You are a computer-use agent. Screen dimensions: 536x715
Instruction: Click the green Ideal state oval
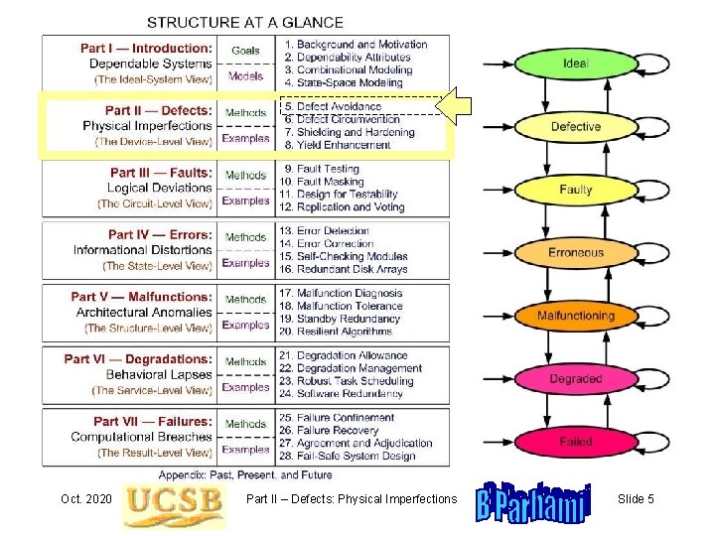(x=576, y=64)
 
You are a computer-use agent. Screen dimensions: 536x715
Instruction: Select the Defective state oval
(x=576, y=127)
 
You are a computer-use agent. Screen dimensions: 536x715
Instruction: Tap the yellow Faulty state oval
(x=576, y=190)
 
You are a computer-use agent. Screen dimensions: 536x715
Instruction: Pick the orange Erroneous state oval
(x=576, y=253)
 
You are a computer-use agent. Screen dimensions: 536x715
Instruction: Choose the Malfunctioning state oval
(x=576, y=316)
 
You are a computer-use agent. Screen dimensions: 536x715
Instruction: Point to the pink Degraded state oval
(x=576, y=379)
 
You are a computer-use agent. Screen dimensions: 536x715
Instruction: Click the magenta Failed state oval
(x=576, y=442)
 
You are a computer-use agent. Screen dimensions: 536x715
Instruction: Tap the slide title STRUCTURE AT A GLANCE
(x=245, y=22)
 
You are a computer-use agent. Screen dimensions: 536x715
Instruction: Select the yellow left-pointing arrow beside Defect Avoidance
(x=458, y=106)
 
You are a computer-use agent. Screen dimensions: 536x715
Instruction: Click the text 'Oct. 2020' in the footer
(x=85, y=499)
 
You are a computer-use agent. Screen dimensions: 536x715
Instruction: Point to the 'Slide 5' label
(x=636, y=499)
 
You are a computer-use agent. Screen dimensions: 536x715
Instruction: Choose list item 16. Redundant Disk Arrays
(x=352, y=269)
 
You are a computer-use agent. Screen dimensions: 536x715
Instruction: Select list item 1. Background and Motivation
(x=356, y=45)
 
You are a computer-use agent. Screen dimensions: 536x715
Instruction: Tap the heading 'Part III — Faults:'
(x=161, y=173)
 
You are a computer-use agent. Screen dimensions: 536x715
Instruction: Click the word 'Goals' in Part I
(x=245, y=50)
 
